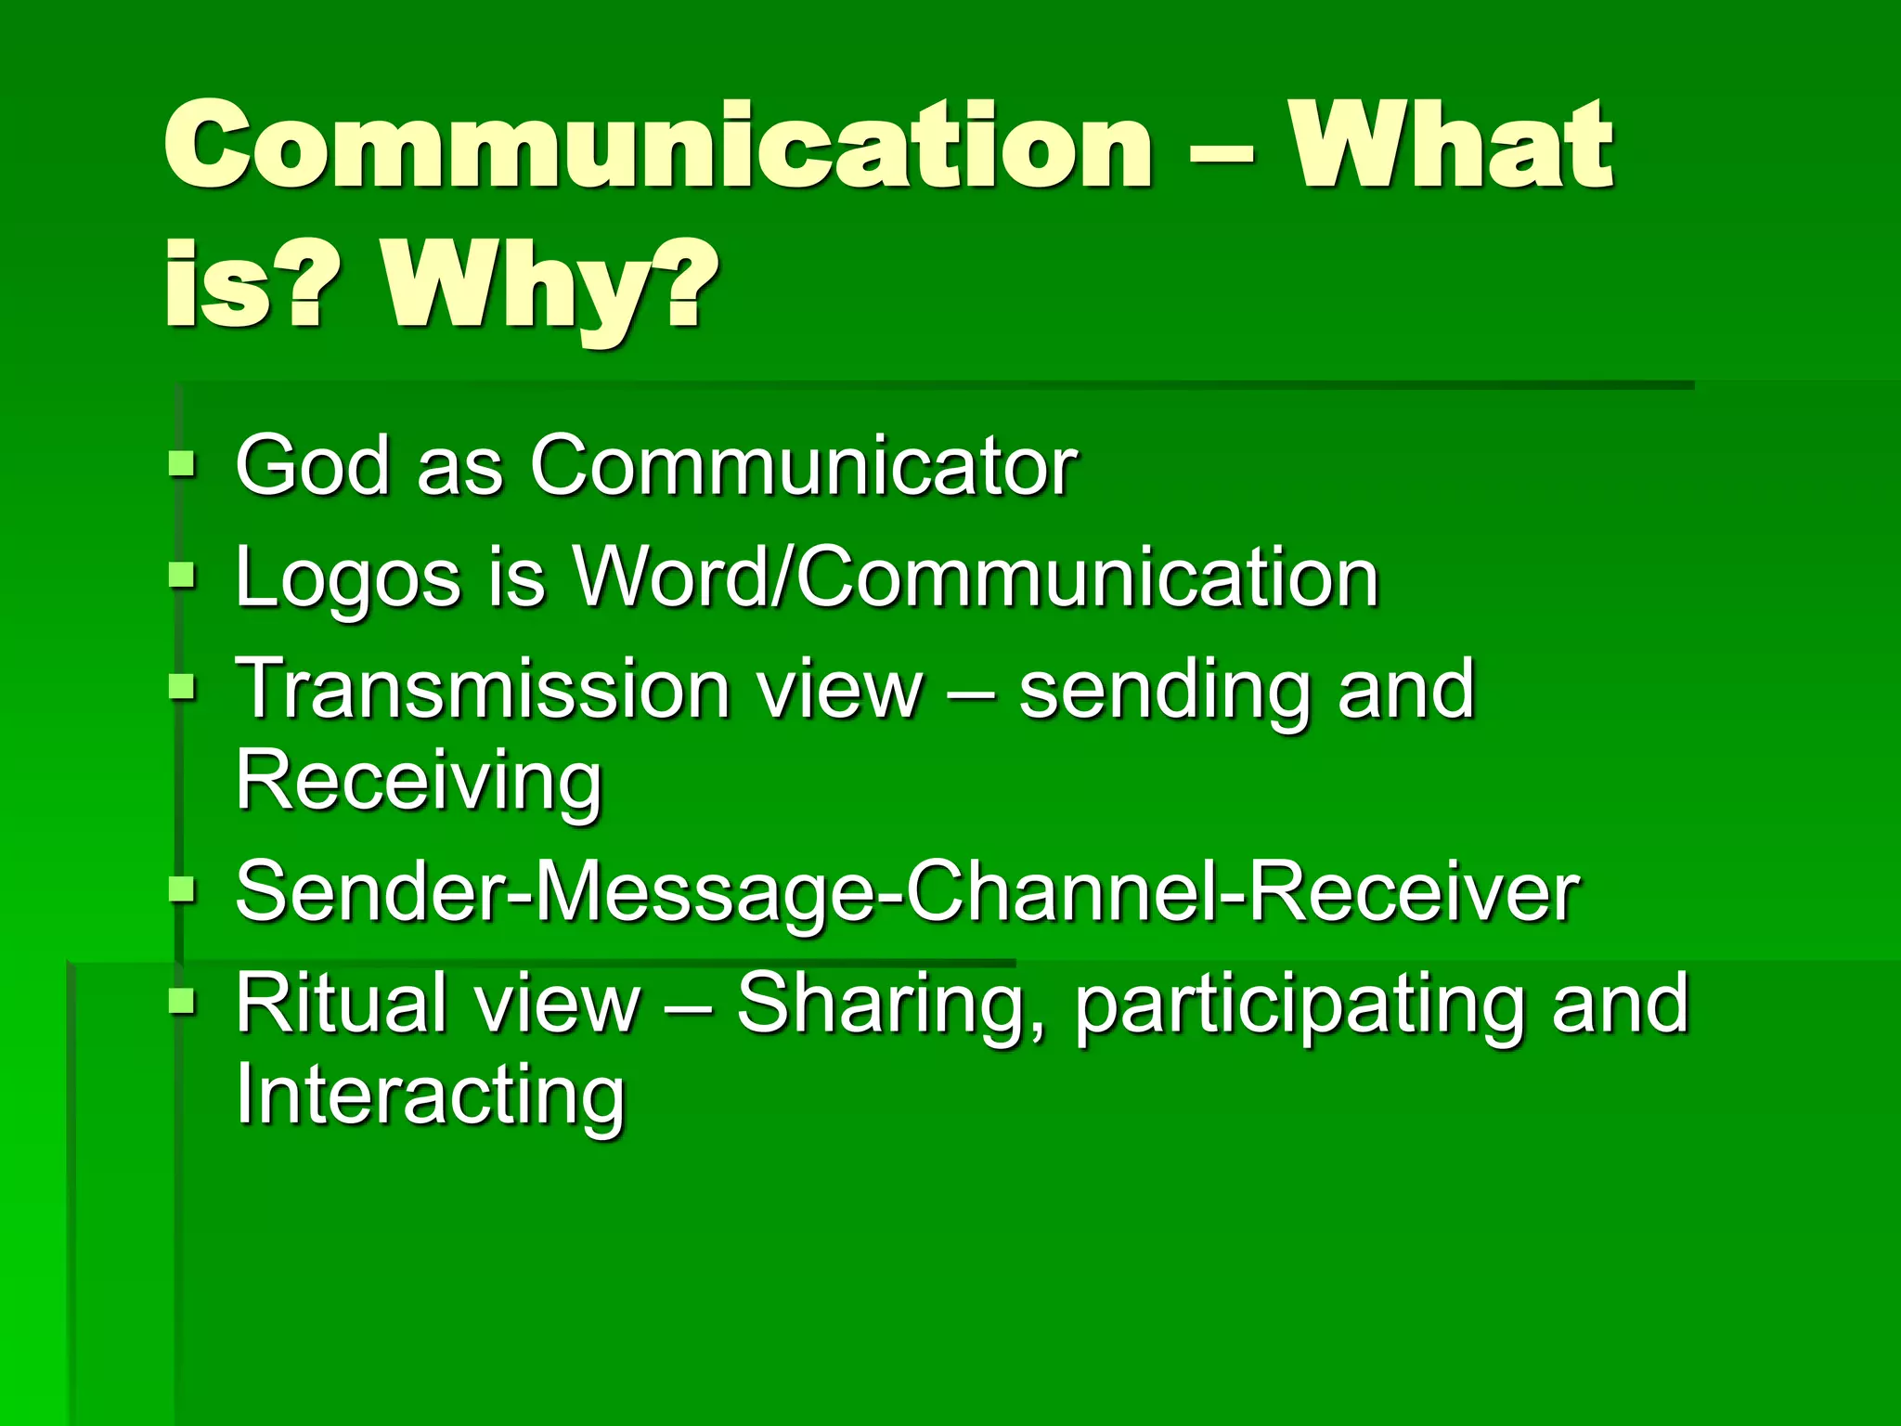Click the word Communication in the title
657,147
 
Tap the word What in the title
1453,147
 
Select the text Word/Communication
975,577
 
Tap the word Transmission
483,689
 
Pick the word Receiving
419,780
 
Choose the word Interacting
430,1095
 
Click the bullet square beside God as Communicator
183,462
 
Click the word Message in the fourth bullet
705,891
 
